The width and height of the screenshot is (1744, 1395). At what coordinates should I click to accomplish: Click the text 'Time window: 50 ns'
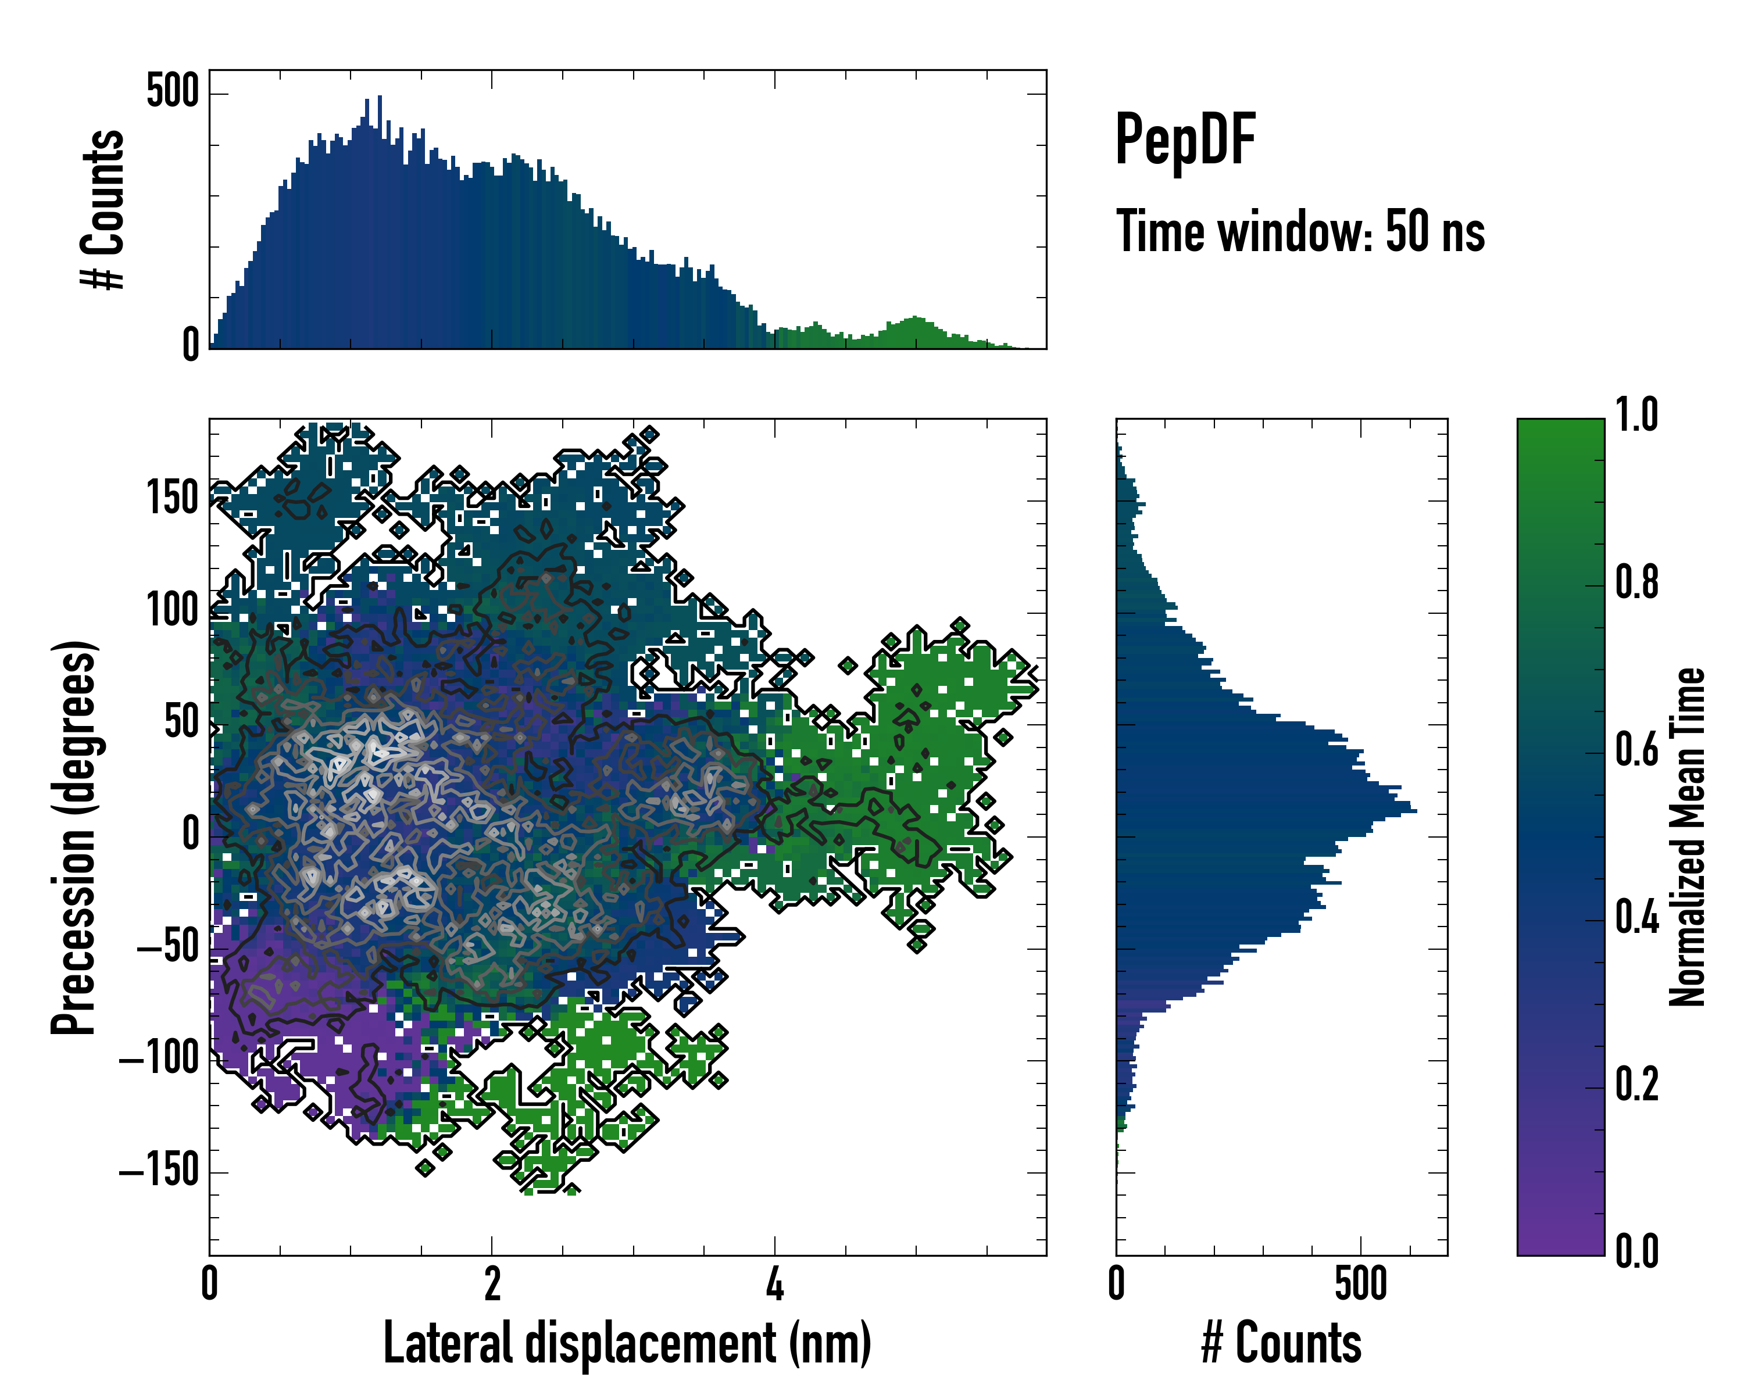coord(1300,231)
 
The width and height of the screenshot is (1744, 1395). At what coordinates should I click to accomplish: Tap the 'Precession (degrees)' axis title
coord(74,837)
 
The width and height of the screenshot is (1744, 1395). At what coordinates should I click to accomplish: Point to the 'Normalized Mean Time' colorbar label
coord(1688,837)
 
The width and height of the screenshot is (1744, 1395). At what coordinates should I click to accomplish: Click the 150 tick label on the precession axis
coord(172,498)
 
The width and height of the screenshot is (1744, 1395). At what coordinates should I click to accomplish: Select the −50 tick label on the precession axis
coord(167,945)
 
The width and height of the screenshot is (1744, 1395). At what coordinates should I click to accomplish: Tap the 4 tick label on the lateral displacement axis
coord(775,1284)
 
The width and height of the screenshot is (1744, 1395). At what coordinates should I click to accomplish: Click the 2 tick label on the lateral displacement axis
coord(492,1284)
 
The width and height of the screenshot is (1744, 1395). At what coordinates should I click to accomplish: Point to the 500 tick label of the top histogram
coord(172,91)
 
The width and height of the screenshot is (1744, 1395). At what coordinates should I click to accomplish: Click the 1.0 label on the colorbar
coord(1636,415)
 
